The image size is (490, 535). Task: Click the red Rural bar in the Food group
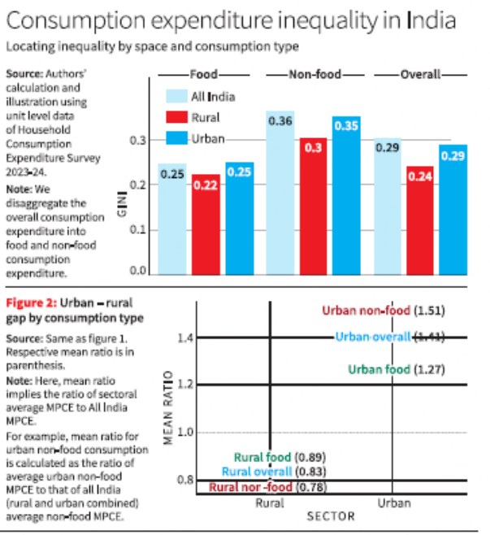pos(206,224)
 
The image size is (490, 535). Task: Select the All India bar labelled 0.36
pos(280,193)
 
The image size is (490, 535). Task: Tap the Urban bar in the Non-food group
pos(346,195)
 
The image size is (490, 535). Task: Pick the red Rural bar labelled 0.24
pos(420,220)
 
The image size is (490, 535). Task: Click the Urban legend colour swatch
pos(176,138)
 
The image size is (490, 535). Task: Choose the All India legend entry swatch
pos(176,96)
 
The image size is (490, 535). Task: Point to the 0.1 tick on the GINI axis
pos(138,229)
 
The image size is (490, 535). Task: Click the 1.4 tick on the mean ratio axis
pos(185,337)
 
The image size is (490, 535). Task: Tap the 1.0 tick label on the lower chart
pos(185,432)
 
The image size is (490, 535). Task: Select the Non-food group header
pos(314,74)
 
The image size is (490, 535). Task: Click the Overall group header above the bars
pos(420,74)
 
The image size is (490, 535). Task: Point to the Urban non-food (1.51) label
pos(384,311)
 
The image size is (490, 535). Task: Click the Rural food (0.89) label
pos(280,457)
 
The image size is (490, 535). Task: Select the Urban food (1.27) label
pos(397,369)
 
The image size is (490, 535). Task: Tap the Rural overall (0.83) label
pos(274,472)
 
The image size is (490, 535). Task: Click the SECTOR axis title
pos(331,516)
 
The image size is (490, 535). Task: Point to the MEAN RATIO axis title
pos(167,407)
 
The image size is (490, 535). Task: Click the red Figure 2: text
pos(32,303)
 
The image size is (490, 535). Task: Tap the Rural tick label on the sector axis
pos(270,503)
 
